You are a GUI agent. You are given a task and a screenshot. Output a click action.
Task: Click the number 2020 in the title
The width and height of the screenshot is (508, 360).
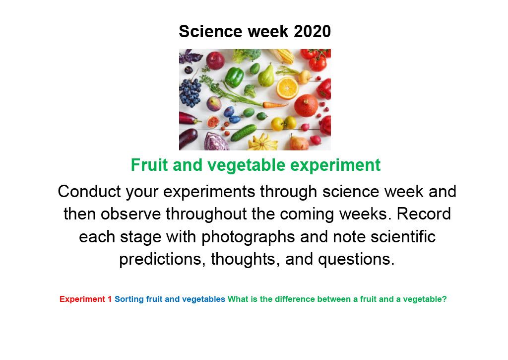[312, 31]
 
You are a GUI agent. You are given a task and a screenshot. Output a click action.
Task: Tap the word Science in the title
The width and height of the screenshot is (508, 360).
[210, 31]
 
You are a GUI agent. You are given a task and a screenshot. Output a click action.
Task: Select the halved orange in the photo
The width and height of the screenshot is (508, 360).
[287, 87]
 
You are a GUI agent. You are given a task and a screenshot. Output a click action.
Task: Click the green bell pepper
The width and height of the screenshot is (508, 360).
[234, 77]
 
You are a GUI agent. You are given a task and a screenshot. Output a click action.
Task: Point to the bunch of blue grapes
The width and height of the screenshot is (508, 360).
[190, 92]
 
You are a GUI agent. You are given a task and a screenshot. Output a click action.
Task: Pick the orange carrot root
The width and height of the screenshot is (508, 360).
[275, 105]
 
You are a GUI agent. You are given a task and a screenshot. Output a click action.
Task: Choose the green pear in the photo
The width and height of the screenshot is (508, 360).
[266, 76]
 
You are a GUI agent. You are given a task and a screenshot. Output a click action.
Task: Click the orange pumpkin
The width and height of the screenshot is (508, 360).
[306, 105]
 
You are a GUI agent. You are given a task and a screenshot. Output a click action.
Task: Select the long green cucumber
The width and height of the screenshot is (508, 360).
[244, 133]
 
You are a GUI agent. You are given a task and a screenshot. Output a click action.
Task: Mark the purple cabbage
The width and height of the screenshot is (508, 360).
[216, 142]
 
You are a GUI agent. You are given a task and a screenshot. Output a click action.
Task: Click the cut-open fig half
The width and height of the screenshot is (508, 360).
[213, 122]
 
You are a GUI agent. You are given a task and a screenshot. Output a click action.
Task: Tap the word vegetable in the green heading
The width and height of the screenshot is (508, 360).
[247, 165]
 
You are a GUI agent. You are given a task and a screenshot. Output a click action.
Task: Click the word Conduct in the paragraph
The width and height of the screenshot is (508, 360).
[89, 191]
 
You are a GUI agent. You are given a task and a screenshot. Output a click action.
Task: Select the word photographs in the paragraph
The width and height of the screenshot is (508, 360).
[248, 237]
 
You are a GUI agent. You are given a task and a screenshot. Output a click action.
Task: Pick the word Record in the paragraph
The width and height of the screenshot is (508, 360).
[424, 214]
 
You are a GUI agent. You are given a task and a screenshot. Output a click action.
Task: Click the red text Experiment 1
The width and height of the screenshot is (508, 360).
[85, 299]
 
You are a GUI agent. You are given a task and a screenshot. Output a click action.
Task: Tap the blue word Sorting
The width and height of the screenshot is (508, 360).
[129, 299]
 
